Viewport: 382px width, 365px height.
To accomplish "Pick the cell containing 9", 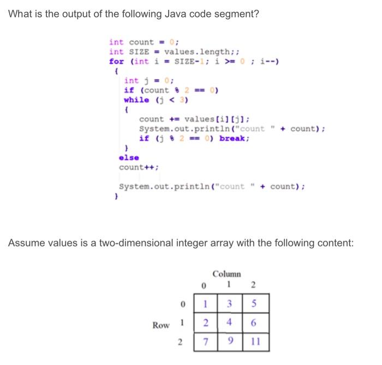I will tap(230, 343).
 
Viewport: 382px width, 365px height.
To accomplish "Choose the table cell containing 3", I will tap(230, 304).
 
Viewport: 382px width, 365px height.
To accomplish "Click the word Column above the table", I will tap(227, 273).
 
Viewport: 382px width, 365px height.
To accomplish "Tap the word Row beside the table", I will tap(161, 325).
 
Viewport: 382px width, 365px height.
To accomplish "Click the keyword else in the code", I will tap(129, 158).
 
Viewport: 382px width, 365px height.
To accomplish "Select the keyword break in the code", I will tap(235, 138).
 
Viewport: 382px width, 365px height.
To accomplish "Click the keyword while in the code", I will tap(136, 99).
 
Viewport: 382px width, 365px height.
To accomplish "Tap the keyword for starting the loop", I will tap(116, 61).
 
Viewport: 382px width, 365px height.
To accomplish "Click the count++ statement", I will tap(139, 167).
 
